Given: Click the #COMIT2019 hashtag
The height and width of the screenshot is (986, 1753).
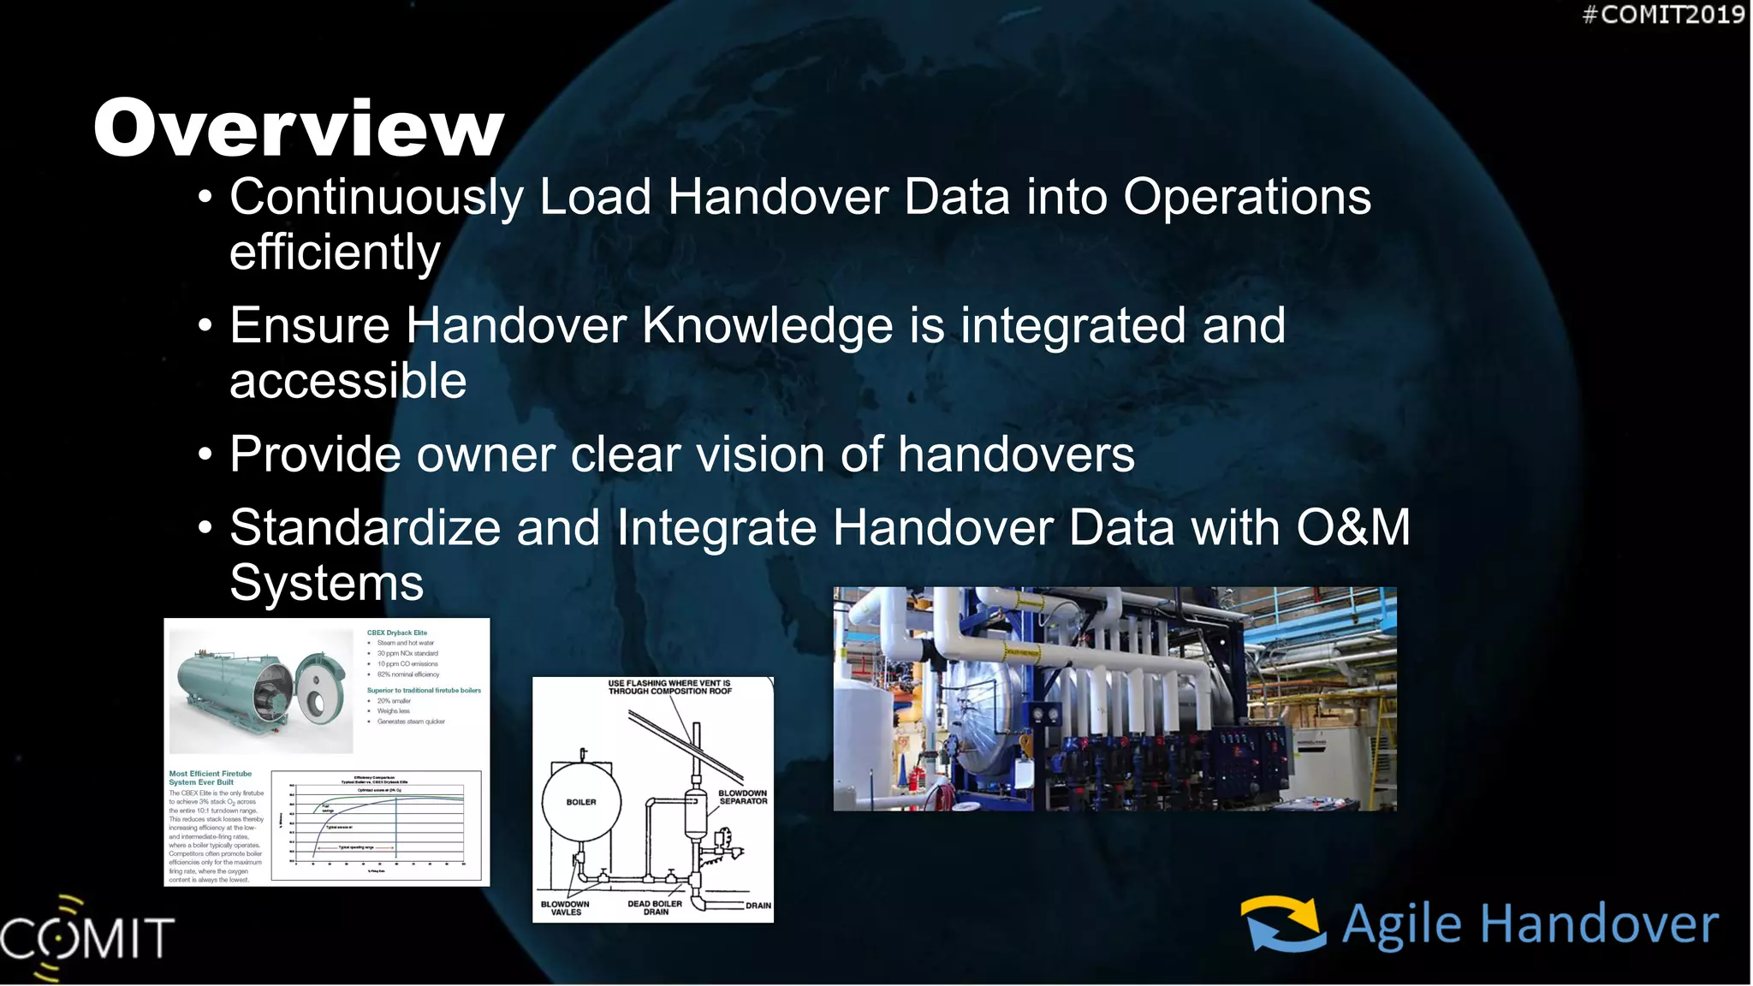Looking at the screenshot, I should [x=1663, y=15].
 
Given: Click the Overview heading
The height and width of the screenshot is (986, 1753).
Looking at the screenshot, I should [x=299, y=128].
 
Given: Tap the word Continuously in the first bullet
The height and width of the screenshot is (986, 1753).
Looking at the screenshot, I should [x=376, y=197].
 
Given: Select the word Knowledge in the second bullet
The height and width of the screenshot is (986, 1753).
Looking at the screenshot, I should [x=767, y=325].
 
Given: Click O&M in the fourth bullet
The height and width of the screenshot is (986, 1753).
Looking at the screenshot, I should [x=1352, y=527].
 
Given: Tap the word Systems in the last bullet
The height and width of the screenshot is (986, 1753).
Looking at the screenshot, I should [x=326, y=584].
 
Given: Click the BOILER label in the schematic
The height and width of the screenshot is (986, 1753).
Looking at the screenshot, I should [x=581, y=802].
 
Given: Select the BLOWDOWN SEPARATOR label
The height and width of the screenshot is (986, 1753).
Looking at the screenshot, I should [x=742, y=797].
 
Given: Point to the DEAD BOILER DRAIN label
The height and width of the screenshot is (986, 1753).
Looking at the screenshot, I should [x=655, y=908].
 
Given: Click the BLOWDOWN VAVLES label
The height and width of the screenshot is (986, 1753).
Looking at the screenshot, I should [x=565, y=908].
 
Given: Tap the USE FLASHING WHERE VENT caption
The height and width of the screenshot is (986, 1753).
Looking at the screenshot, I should [x=669, y=687].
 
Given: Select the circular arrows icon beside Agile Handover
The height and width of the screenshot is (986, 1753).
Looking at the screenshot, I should [x=1283, y=924].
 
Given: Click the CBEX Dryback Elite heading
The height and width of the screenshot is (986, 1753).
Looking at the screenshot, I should [x=396, y=633].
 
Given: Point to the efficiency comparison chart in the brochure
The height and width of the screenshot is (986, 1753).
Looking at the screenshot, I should [x=377, y=825].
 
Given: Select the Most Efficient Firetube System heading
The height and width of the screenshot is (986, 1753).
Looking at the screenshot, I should [x=210, y=777].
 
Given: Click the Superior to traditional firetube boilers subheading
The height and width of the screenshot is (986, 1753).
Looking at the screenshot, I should [x=424, y=690].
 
